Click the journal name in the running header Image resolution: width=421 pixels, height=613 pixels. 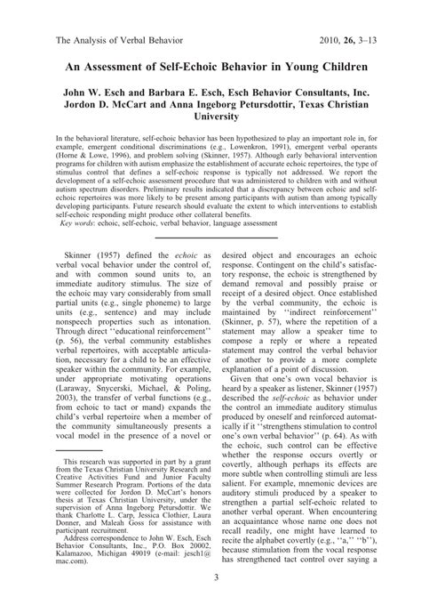click(x=115, y=40)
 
